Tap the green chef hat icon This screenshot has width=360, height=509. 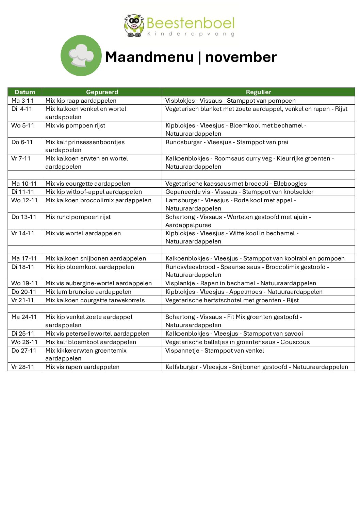[x=81, y=55]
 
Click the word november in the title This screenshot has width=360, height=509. [x=241, y=57]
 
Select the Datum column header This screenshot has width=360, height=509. [x=25, y=92]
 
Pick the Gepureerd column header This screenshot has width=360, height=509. [x=102, y=92]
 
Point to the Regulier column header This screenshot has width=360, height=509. [x=259, y=92]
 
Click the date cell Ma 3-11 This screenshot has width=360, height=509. [x=22, y=101]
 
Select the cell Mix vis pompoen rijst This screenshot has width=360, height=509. [x=75, y=125]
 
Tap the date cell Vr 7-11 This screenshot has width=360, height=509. [x=21, y=158]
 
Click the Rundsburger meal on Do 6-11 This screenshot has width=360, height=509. [x=227, y=142]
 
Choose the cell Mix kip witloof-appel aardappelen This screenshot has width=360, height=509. [x=94, y=192]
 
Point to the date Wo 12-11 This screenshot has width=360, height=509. [x=24, y=200]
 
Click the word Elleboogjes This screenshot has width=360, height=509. [x=290, y=184]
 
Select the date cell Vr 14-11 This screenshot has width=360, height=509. [x=23, y=233]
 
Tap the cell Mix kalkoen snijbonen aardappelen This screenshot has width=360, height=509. [x=96, y=258]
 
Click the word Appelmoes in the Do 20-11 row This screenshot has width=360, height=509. [x=246, y=292]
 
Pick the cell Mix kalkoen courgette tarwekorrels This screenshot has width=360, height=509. [x=95, y=300]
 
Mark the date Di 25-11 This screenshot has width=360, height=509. [x=23, y=334]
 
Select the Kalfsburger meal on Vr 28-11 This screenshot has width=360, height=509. [x=257, y=367]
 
